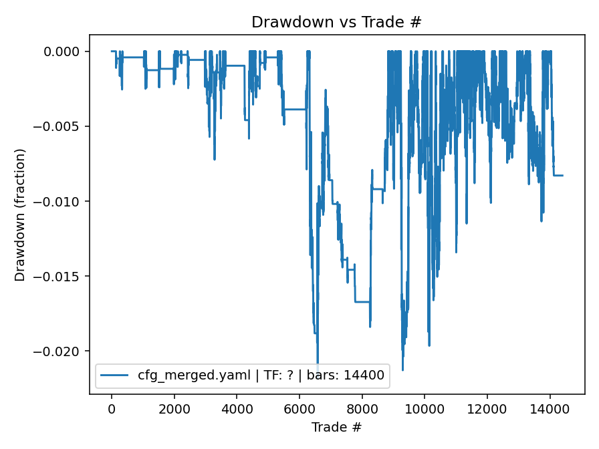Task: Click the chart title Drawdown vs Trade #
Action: (x=336, y=22)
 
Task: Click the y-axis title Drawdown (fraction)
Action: (x=20, y=214)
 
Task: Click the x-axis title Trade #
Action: (x=336, y=426)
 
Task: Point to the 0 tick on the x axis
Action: (x=112, y=408)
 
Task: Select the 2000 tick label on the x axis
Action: (x=174, y=408)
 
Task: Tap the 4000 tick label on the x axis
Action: (x=237, y=408)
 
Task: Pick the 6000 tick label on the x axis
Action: (x=299, y=408)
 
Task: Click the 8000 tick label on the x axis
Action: (x=362, y=408)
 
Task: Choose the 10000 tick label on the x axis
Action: (x=425, y=408)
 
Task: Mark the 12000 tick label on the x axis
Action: (x=487, y=408)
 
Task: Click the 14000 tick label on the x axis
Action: (x=550, y=408)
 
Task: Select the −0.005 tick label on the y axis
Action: (x=62, y=127)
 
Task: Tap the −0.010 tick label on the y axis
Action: (x=62, y=202)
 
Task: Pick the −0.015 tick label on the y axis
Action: (x=62, y=277)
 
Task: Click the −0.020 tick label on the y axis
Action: (x=62, y=351)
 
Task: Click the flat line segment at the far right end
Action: (x=558, y=175)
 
